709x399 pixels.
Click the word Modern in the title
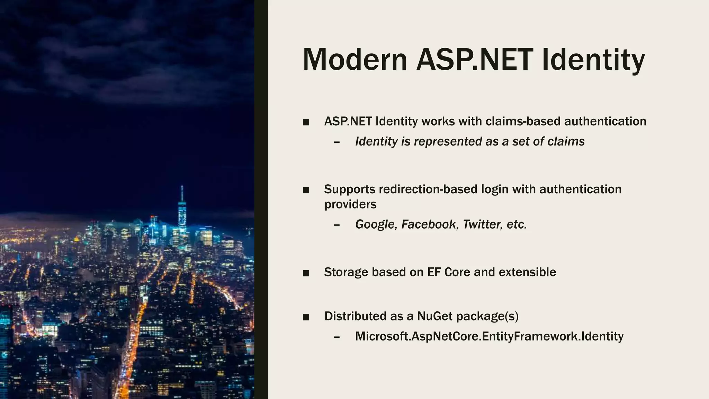(x=355, y=60)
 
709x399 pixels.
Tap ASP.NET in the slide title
(x=474, y=60)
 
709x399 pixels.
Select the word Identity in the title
(x=593, y=60)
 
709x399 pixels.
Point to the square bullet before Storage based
(x=306, y=273)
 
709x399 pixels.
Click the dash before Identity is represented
(x=336, y=142)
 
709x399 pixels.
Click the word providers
(x=350, y=204)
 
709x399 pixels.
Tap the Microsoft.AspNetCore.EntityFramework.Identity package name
(x=489, y=336)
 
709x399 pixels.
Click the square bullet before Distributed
(x=306, y=317)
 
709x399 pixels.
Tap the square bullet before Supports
(x=306, y=190)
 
